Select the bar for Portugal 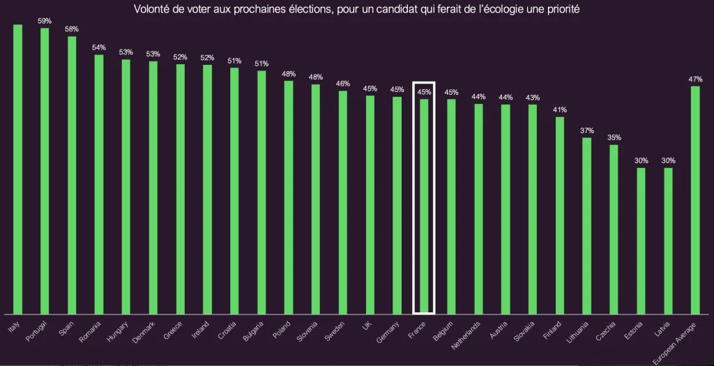[45, 171]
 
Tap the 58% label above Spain [72, 29]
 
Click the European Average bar [695, 199]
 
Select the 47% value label [695, 79]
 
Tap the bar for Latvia [669, 241]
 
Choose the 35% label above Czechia [614, 137]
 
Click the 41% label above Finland [560, 109]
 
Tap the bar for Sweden [342, 202]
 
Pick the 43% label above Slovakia [533, 97]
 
